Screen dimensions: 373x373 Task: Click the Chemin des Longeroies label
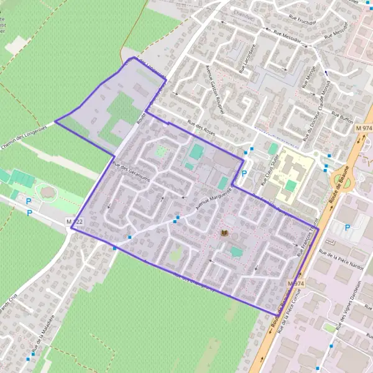tap(25, 141)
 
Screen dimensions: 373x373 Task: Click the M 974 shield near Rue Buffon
tap(364, 128)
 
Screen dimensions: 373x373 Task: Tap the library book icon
tap(224, 233)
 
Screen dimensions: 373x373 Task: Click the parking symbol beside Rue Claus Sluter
tap(244, 175)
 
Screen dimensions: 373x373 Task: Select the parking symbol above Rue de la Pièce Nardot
tap(347, 228)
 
